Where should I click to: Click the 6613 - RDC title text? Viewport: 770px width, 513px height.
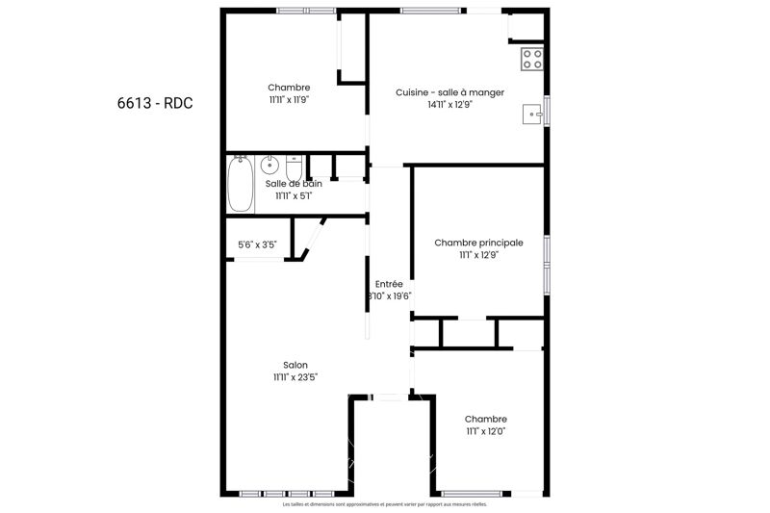[x=148, y=103]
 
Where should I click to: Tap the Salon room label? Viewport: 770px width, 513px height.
[x=295, y=365]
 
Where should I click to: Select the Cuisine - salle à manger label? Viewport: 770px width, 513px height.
[x=450, y=92]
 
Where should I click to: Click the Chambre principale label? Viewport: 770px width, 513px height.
[x=478, y=243]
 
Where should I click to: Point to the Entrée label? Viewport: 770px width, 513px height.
[x=389, y=284]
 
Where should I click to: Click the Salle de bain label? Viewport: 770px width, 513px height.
[x=294, y=183]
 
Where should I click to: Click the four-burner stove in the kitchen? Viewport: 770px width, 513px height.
[x=532, y=59]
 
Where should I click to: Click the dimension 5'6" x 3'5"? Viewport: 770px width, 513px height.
[x=257, y=244]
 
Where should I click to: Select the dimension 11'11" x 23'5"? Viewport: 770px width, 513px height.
[x=295, y=377]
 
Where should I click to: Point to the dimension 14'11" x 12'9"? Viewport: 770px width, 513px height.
[x=450, y=105]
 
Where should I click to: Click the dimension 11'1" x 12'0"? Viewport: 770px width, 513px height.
[x=485, y=431]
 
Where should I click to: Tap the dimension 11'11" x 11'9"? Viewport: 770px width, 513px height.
[x=289, y=99]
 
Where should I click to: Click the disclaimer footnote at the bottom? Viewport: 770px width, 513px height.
[x=385, y=504]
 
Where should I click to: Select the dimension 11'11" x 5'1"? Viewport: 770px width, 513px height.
[x=294, y=195]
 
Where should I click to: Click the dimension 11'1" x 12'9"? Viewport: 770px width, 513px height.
[x=478, y=255]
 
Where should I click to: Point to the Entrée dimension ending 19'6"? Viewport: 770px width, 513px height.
[x=389, y=296]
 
